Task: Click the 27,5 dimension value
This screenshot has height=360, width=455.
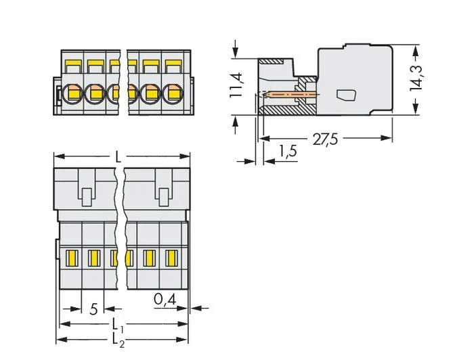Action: tap(325, 139)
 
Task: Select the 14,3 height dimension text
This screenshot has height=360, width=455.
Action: tap(416, 78)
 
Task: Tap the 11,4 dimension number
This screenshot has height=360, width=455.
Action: tap(236, 85)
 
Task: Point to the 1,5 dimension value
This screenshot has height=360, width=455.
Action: tap(288, 151)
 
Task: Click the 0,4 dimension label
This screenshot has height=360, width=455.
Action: tap(165, 299)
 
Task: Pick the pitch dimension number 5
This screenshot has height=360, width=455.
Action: tap(93, 309)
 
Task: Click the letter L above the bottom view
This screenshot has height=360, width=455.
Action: tap(118, 156)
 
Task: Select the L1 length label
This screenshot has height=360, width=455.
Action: tap(118, 325)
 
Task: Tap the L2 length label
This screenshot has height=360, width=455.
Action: tap(118, 340)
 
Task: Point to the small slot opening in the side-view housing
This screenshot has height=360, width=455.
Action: tap(346, 95)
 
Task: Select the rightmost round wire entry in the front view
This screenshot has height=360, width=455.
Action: tap(173, 93)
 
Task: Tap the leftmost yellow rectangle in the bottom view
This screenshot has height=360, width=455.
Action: tap(71, 258)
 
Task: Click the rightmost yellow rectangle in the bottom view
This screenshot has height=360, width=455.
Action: tap(171, 258)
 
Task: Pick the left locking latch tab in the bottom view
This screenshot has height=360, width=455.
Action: tap(87, 198)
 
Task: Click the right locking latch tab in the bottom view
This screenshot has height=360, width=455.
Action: tap(165, 198)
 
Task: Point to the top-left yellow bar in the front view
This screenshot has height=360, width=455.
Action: tap(73, 63)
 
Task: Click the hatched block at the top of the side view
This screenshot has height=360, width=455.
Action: tap(270, 62)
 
